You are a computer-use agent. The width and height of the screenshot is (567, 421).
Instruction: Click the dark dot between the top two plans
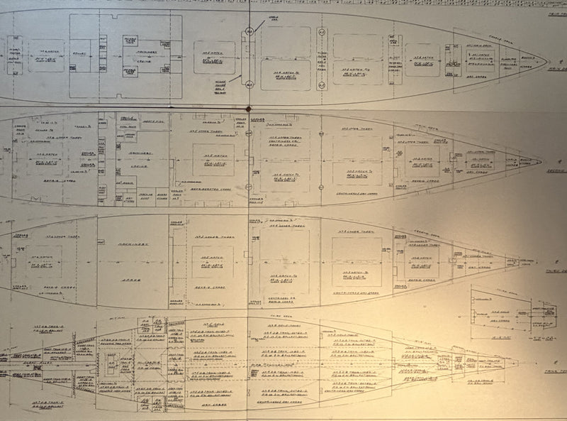tap(249, 109)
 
